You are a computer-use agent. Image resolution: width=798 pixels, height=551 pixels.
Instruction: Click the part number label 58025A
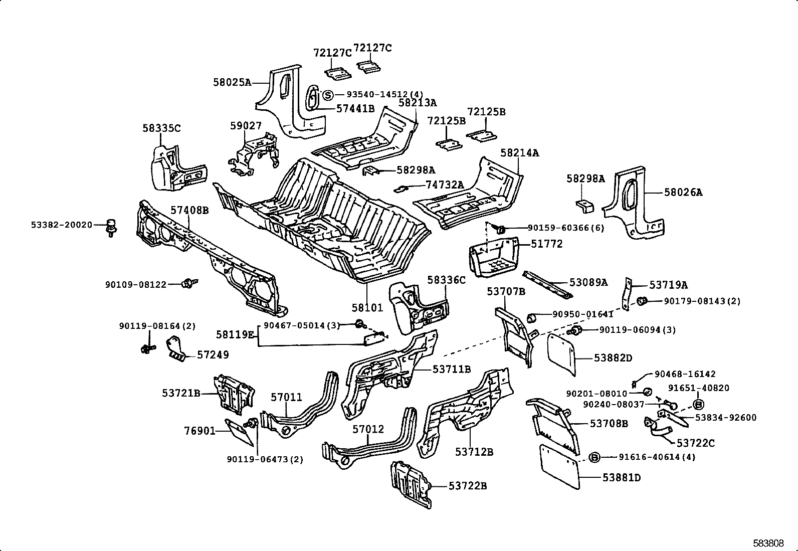tap(232, 82)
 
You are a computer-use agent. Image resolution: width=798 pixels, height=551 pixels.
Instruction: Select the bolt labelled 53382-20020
tap(111, 227)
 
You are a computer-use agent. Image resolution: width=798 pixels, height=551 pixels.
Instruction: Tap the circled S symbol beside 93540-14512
tap(327, 95)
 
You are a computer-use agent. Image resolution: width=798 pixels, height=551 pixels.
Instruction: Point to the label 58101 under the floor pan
tap(367, 307)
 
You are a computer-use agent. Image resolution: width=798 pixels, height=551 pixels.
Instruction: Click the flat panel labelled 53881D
tap(559, 465)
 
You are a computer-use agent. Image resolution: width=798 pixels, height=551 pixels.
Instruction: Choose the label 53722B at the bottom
tap(468, 486)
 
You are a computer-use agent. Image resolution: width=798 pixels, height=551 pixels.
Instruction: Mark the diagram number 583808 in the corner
tap(768, 543)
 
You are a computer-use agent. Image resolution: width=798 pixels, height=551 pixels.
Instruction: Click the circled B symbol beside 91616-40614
tap(594, 457)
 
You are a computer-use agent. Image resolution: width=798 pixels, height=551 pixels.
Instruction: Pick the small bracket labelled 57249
tap(176, 348)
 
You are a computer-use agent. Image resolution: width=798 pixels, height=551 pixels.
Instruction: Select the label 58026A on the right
tap(683, 192)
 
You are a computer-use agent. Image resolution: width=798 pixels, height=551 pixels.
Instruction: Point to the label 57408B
tap(189, 210)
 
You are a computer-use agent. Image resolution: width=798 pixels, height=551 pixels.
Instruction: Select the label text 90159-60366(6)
tap(566, 228)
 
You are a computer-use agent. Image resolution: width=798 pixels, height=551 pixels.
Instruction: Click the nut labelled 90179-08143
tap(641, 301)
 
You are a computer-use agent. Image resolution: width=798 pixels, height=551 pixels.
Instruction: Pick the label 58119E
tap(235, 334)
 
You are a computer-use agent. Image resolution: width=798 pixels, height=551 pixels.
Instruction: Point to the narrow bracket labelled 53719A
tap(626, 295)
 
